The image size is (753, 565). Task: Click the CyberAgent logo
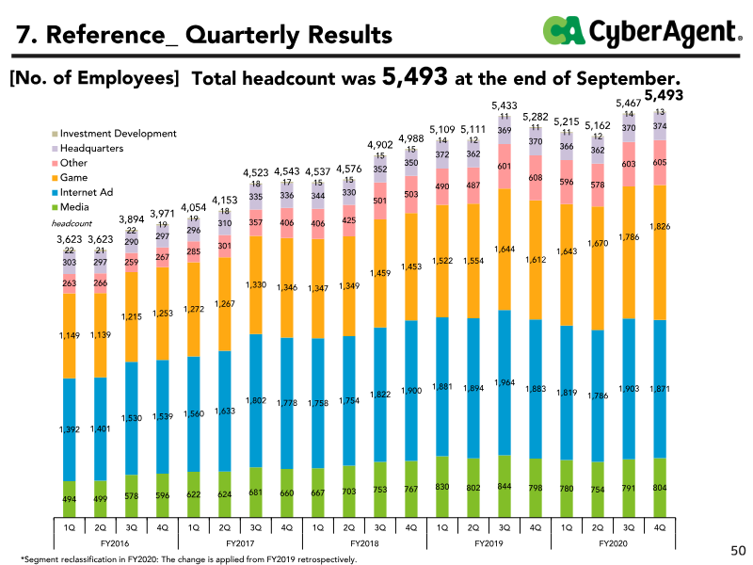click(642, 31)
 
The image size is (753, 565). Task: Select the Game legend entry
click(70, 178)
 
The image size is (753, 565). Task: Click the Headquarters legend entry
click(88, 149)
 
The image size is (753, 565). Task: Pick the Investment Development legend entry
click(114, 134)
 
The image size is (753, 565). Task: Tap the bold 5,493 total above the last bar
click(664, 95)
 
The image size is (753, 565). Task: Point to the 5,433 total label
click(505, 105)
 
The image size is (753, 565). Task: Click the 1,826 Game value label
click(660, 226)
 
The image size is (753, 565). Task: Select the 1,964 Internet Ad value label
click(505, 382)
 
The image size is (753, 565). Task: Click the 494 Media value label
click(69, 499)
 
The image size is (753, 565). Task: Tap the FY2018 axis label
click(364, 543)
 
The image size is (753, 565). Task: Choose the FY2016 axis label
click(115, 543)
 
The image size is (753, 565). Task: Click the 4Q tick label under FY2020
click(660, 527)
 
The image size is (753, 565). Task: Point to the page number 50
click(738, 551)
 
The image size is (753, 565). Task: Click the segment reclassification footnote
click(189, 559)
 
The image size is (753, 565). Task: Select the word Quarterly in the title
click(242, 36)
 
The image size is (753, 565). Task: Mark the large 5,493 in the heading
click(415, 76)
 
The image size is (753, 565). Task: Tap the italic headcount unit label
click(72, 223)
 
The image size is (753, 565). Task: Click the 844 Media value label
click(505, 486)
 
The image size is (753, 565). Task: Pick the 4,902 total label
click(380, 145)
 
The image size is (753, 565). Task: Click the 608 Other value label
click(536, 178)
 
